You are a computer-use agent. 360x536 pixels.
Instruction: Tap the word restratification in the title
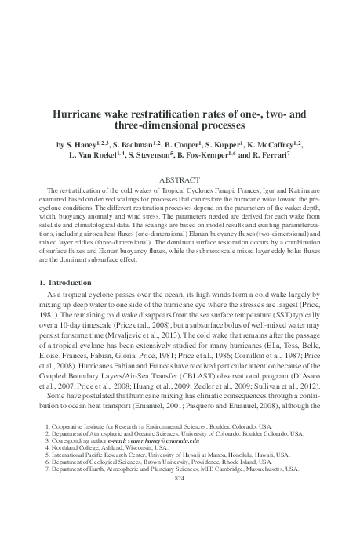pyautogui.click(x=171, y=113)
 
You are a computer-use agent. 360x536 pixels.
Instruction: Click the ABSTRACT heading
pyautogui.click(x=180, y=179)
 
